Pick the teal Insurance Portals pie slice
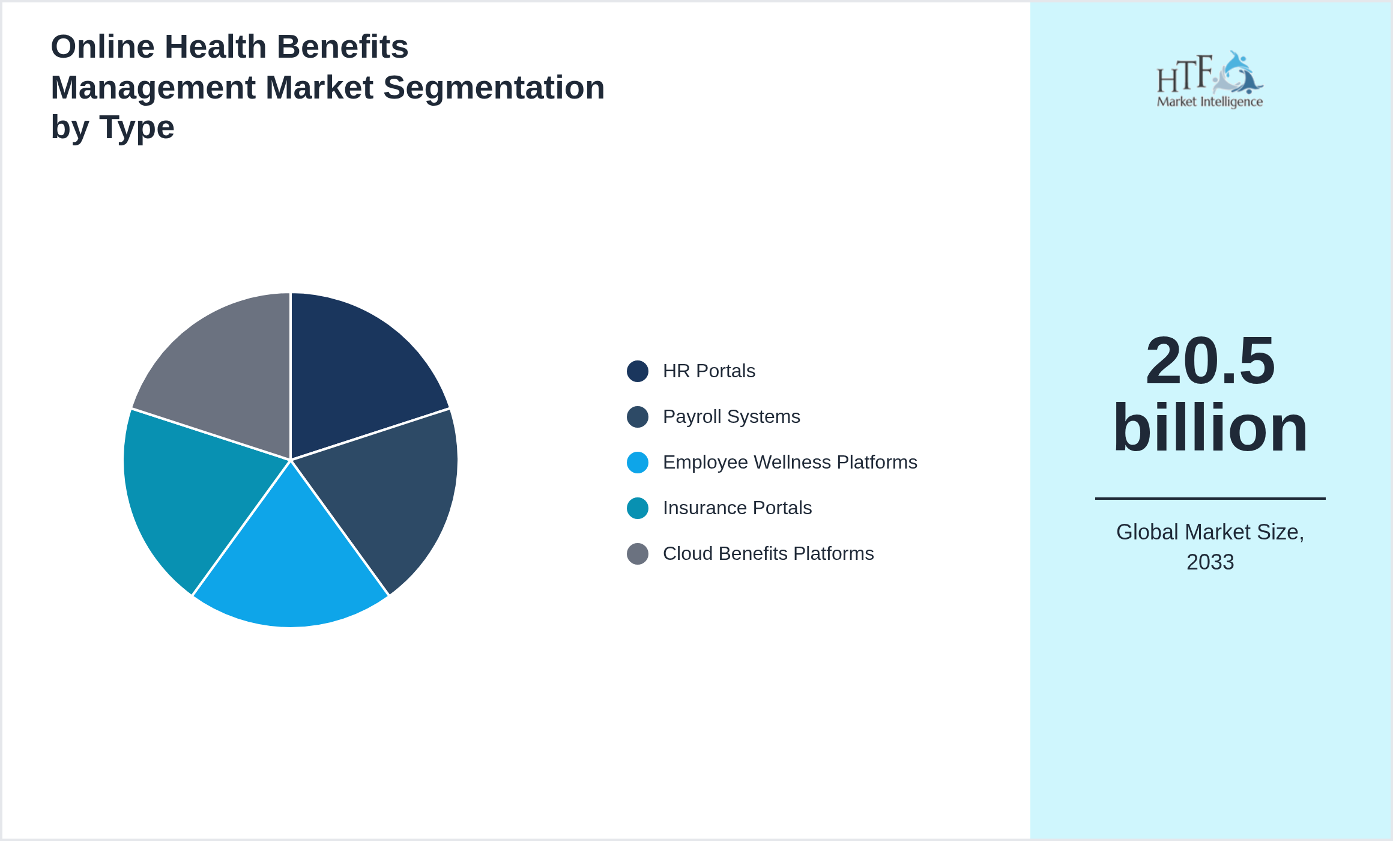(x=192, y=499)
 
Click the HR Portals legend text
(x=709, y=371)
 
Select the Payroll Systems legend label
(x=731, y=417)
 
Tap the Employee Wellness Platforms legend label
(x=790, y=463)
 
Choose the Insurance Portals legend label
(x=737, y=508)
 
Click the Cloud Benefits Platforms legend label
(x=768, y=554)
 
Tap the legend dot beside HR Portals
(x=637, y=371)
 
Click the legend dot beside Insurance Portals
(x=637, y=508)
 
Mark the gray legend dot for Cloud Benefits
(x=637, y=554)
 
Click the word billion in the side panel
(x=1210, y=428)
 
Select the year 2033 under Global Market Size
(x=1210, y=562)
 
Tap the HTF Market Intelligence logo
(x=1210, y=80)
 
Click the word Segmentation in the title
(x=494, y=88)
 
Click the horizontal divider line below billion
(x=1210, y=498)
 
